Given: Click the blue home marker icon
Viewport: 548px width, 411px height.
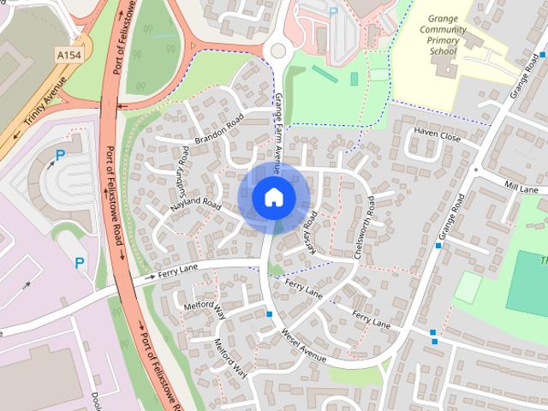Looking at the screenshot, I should click(272, 198).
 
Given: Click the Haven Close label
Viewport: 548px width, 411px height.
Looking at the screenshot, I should click(438, 136).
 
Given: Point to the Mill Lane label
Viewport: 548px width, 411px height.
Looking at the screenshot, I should click(520, 188).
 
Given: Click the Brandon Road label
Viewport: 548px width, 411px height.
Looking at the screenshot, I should click(219, 128).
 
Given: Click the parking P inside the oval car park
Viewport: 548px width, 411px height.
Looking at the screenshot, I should click(60, 155).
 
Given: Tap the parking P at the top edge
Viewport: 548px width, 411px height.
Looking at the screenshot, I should click(332, 11).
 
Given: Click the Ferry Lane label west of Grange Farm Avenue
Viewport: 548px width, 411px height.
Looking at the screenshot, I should click(176, 273).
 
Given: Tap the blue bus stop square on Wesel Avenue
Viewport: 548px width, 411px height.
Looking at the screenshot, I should click(270, 315).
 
